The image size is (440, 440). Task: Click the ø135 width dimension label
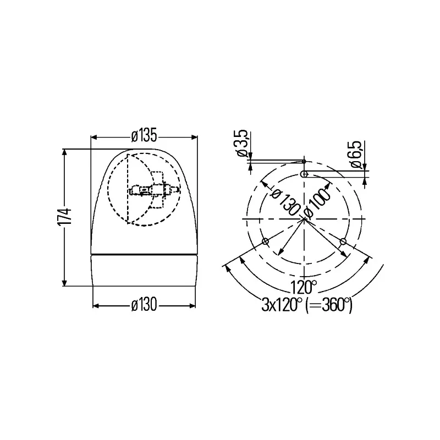click(144, 134)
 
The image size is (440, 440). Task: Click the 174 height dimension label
click(65, 217)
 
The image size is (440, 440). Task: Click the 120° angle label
click(304, 286)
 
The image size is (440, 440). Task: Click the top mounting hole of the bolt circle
click(304, 174)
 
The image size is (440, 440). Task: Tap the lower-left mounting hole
click(265, 241)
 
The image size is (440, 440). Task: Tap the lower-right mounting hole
click(343, 241)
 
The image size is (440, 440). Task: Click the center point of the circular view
click(304, 219)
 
